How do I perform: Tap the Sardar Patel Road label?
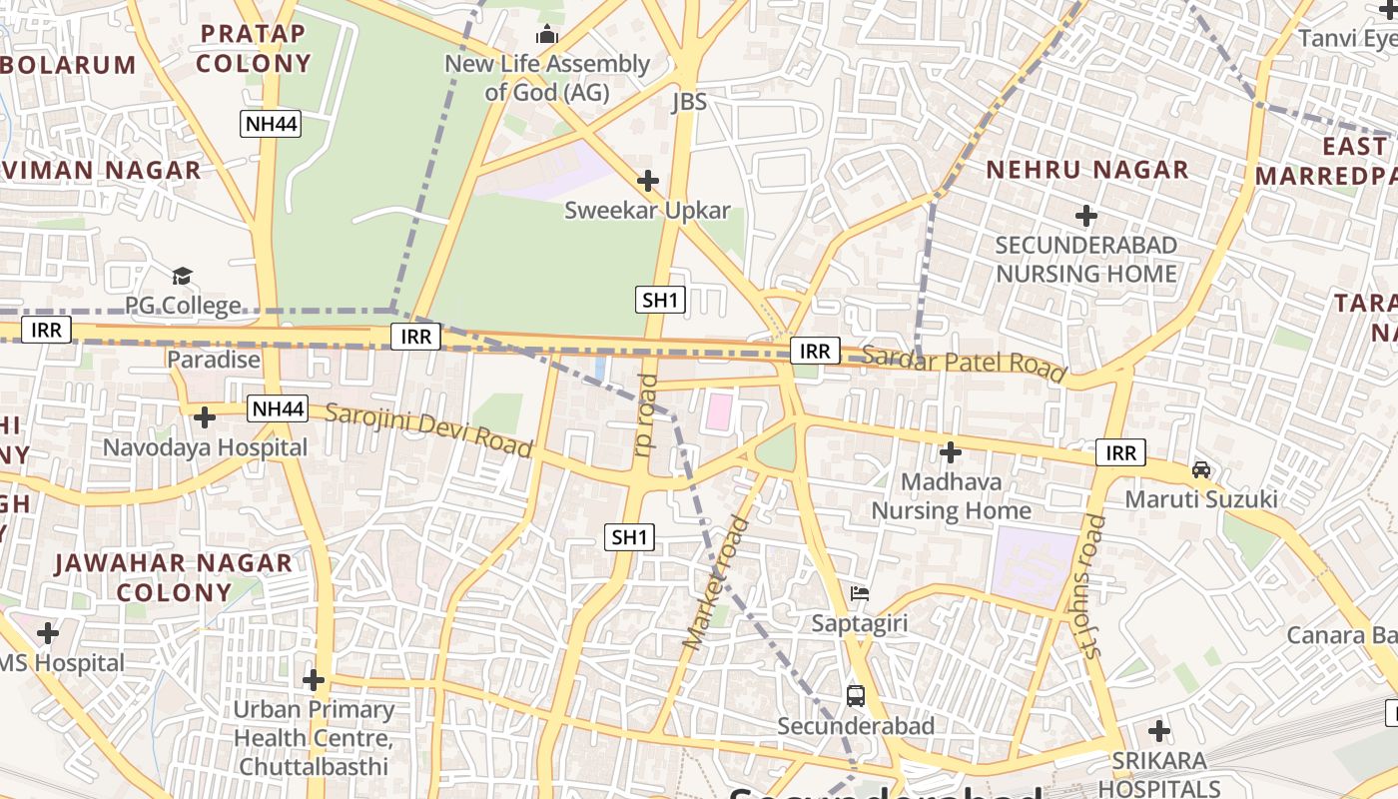pyautogui.click(x=963, y=362)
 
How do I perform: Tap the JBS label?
pyautogui.click(x=689, y=101)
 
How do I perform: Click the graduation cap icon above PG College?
pyautogui.click(x=182, y=276)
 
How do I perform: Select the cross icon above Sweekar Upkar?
pyautogui.click(x=648, y=181)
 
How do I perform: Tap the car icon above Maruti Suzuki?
pyautogui.click(x=1201, y=468)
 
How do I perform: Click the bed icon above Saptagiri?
pyautogui.click(x=859, y=594)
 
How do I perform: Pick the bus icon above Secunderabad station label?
pyautogui.click(x=856, y=695)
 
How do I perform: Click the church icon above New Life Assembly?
pyautogui.click(x=546, y=35)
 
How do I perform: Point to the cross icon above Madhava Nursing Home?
pyautogui.click(x=951, y=453)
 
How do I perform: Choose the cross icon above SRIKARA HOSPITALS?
pyautogui.click(x=1159, y=731)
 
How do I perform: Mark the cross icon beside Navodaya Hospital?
pyautogui.click(x=205, y=416)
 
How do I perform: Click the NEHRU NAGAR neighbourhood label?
pyautogui.click(x=1087, y=170)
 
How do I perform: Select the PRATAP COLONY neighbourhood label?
pyautogui.click(x=253, y=48)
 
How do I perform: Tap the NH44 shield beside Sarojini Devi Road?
pyautogui.click(x=278, y=408)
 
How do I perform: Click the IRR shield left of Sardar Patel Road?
pyautogui.click(x=815, y=351)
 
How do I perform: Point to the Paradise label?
pyautogui.click(x=214, y=360)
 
